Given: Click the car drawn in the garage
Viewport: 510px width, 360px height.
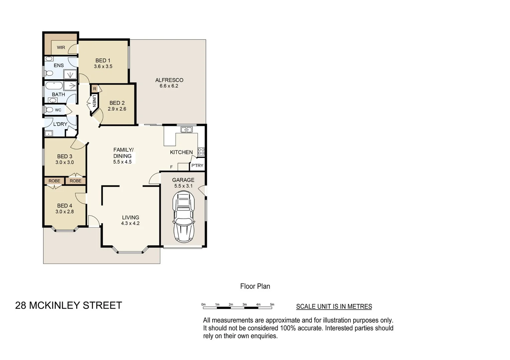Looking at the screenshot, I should pos(183,217).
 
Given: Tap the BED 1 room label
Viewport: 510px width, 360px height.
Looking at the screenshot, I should pos(103,60).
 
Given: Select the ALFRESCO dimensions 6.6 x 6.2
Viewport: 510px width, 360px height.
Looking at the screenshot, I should pos(169,86).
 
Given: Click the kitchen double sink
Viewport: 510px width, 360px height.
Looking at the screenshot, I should pos(186,130).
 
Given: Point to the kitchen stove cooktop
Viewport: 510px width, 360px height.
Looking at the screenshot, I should pos(201,152).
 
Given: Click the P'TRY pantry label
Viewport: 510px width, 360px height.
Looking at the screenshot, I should pos(197,165).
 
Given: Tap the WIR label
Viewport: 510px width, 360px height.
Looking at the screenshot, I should pos(61,47).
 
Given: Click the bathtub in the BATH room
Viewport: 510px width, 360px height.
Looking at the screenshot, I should pos(54,86).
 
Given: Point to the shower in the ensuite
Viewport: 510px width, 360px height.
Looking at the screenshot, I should pos(70,74).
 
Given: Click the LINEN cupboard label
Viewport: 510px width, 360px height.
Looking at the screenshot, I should pos(94,101).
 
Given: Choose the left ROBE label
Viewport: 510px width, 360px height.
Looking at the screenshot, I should pos(54,181).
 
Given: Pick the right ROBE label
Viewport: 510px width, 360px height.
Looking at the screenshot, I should pos(76,181).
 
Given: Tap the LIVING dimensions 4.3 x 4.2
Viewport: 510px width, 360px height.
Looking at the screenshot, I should pos(130,223).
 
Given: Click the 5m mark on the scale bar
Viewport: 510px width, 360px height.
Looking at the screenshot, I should pos(272,305).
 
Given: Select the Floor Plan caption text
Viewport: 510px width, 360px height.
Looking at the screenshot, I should pos(255,286).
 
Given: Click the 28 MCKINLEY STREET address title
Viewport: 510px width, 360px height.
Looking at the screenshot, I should pos(69,305).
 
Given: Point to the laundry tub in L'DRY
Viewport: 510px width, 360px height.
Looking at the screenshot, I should pos(49,134).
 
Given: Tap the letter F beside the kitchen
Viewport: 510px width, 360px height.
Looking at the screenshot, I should pos(171,167).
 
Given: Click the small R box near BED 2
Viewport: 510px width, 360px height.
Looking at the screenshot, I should pos(95,89).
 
